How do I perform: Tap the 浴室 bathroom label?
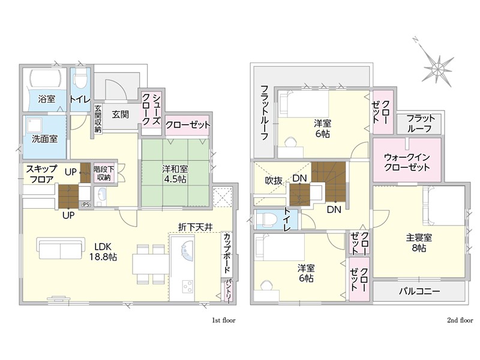(47, 99)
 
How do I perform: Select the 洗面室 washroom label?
(44, 139)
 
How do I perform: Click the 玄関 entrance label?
(121, 115)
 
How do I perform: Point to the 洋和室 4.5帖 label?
(175, 173)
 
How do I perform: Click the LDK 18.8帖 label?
(103, 251)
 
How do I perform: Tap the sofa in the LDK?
(61, 248)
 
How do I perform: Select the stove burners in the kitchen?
(187, 286)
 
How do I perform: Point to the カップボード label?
(227, 253)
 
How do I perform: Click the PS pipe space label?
(86, 205)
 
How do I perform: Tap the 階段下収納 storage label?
(104, 173)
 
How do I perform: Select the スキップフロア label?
(41, 173)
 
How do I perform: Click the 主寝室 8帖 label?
(419, 242)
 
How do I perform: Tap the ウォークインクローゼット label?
(407, 163)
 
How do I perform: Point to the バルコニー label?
(419, 291)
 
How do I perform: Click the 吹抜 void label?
(274, 181)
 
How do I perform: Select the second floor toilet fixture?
(266, 220)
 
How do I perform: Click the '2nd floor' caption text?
(460, 320)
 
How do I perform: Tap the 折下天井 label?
(196, 227)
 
